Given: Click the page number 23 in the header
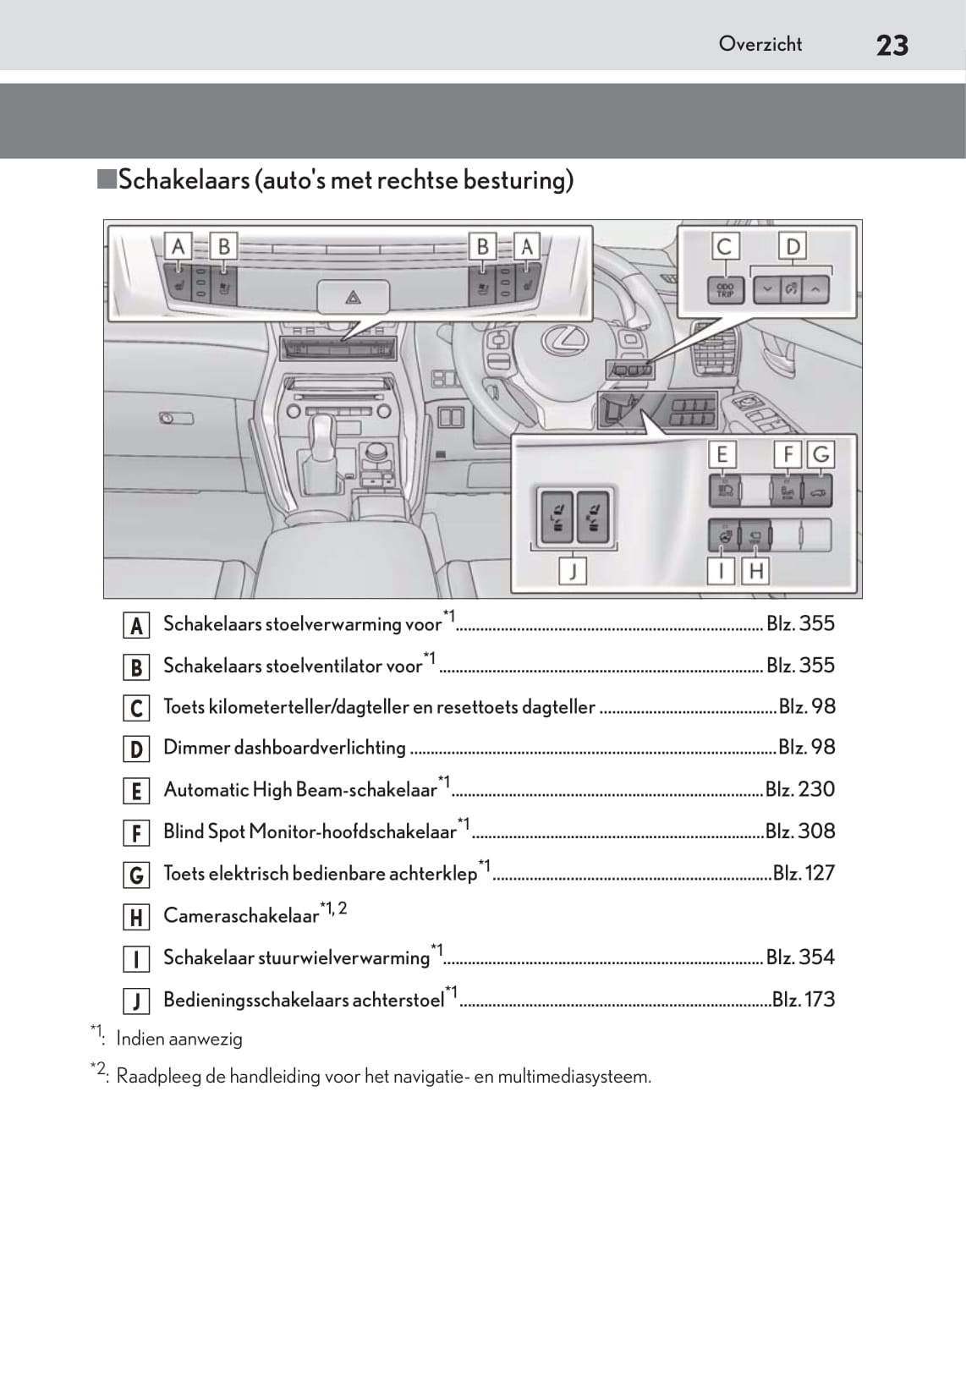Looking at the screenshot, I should tap(892, 45).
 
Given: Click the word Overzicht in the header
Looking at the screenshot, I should tap(760, 44).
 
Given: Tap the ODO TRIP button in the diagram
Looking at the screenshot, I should tap(725, 289).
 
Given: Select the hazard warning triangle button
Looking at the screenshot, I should tap(353, 297).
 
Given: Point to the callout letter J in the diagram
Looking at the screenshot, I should tap(573, 572).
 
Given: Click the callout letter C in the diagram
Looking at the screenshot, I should tap(724, 247).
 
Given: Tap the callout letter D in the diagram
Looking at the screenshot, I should tap(793, 247).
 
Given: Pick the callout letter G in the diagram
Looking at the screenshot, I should tap(821, 455).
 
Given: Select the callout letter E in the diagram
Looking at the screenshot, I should tap(722, 455).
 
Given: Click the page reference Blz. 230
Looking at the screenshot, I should tap(799, 789).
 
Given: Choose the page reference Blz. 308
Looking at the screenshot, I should tap(799, 831).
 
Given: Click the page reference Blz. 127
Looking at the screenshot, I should tap(804, 872).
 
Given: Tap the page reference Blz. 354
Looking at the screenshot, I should tap(800, 957).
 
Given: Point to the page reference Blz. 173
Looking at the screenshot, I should tap(804, 999).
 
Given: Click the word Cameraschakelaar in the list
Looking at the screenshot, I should tap(241, 916).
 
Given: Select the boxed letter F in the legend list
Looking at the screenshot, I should tap(135, 833).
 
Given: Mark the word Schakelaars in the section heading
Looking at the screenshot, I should tap(184, 180).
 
